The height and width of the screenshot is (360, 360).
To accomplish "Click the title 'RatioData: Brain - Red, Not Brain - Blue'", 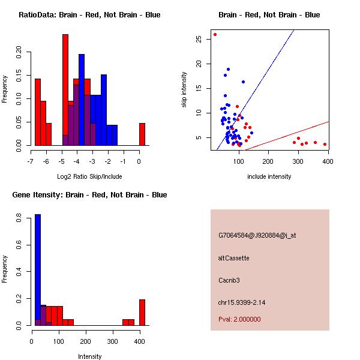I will tap(89, 15).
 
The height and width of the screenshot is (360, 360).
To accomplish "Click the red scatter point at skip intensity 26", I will tap(215, 34).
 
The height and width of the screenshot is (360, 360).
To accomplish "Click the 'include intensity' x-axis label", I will tap(269, 176).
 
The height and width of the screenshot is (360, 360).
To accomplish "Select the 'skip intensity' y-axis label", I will tap(185, 90).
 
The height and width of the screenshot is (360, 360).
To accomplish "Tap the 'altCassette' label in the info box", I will tap(234, 258).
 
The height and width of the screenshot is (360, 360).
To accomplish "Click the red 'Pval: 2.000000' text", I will tap(239, 319).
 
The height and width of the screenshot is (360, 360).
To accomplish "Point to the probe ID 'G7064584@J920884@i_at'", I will tap(257, 235).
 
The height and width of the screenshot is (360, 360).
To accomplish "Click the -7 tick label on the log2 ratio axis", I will tap(31, 161).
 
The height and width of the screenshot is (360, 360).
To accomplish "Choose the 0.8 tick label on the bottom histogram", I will tap(20, 220).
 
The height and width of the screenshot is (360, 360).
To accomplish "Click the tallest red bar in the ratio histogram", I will tap(65, 90).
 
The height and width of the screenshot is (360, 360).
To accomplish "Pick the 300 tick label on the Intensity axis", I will tap(113, 341).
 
